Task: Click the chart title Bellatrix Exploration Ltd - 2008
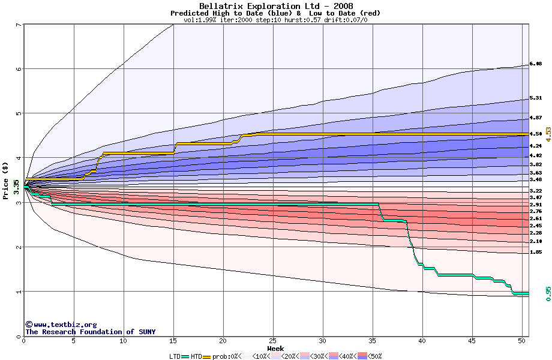coord(275,6)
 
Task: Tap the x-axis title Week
coord(275,349)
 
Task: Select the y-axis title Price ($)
coord(5,181)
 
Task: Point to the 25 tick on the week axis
coord(273,341)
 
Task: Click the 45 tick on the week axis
coord(472,341)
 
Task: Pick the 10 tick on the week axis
coord(123,341)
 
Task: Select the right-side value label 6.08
coord(536,64)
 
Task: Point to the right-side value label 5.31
coord(536,98)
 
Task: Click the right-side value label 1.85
coord(536,253)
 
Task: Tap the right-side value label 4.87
coord(536,118)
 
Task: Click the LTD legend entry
coord(175,356)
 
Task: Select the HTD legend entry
coord(196,356)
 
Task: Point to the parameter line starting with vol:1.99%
coord(275,20)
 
